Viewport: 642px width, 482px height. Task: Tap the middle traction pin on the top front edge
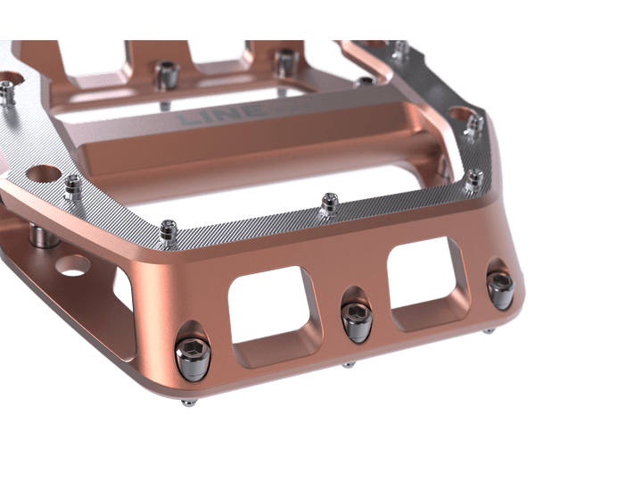click(329, 204)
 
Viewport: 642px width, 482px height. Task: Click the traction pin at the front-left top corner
click(170, 231)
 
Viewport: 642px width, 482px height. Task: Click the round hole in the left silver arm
click(41, 171)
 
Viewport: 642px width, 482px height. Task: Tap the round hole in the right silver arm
click(463, 115)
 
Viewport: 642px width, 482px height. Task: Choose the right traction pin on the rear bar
click(284, 62)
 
